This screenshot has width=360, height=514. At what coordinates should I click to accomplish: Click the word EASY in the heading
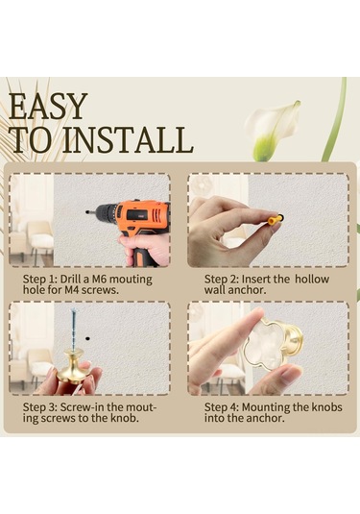pyautogui.click(x=48, y=107)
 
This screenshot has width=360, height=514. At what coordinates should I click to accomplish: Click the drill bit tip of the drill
pyautogui.click(x=87, y=212)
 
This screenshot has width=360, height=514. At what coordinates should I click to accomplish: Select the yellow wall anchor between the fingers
pyautogui.click(x=276, y=219)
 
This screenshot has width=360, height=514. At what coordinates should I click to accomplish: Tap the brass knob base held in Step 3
pyautogui.click(x=73, y=367)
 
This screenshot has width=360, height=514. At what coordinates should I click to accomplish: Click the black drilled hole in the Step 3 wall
pyautogui.click(x=87, y=338)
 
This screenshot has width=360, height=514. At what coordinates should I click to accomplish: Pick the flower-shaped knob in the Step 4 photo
pyautogui.click(x=272, y=344)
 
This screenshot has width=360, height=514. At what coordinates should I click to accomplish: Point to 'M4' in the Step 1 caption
pyautogui.click(x=72, y=290)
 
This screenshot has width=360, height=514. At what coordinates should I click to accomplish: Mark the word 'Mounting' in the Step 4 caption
pyautogui.click(x=266, y=407)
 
